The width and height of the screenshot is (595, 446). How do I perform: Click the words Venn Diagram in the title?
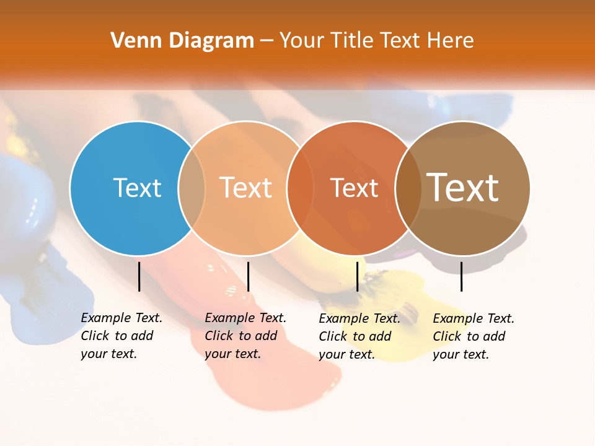(182, 41)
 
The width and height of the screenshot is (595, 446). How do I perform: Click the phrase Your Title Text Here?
(376, 41)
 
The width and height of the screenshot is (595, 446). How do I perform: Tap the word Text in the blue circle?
(137, 188)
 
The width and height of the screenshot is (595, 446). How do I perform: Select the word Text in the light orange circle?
(246, 188)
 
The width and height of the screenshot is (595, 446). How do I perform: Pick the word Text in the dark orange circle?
(354, 188)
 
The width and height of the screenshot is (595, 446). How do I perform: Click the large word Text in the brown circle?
(462, 188)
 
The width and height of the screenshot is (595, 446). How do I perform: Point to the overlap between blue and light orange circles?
(192, 188)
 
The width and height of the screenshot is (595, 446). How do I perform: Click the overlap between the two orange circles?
(300, 188)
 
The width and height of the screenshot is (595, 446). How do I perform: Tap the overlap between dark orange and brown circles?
(408, 188)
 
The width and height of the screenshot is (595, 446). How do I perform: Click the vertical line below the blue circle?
(139, 276)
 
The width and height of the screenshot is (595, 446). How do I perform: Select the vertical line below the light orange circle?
(248, 276)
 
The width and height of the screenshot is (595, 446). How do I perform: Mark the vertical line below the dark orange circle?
(357, 276)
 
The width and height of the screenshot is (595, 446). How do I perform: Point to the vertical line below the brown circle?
(461, 276)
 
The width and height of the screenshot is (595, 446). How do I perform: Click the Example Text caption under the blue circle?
(121, 336)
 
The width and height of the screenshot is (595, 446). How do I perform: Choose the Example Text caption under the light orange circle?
(245, 336)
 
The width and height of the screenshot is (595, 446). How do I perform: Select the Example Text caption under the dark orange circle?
(359, 336)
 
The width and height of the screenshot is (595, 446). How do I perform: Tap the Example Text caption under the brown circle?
(473, 336)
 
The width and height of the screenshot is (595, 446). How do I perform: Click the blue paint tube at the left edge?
(25, 198)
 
